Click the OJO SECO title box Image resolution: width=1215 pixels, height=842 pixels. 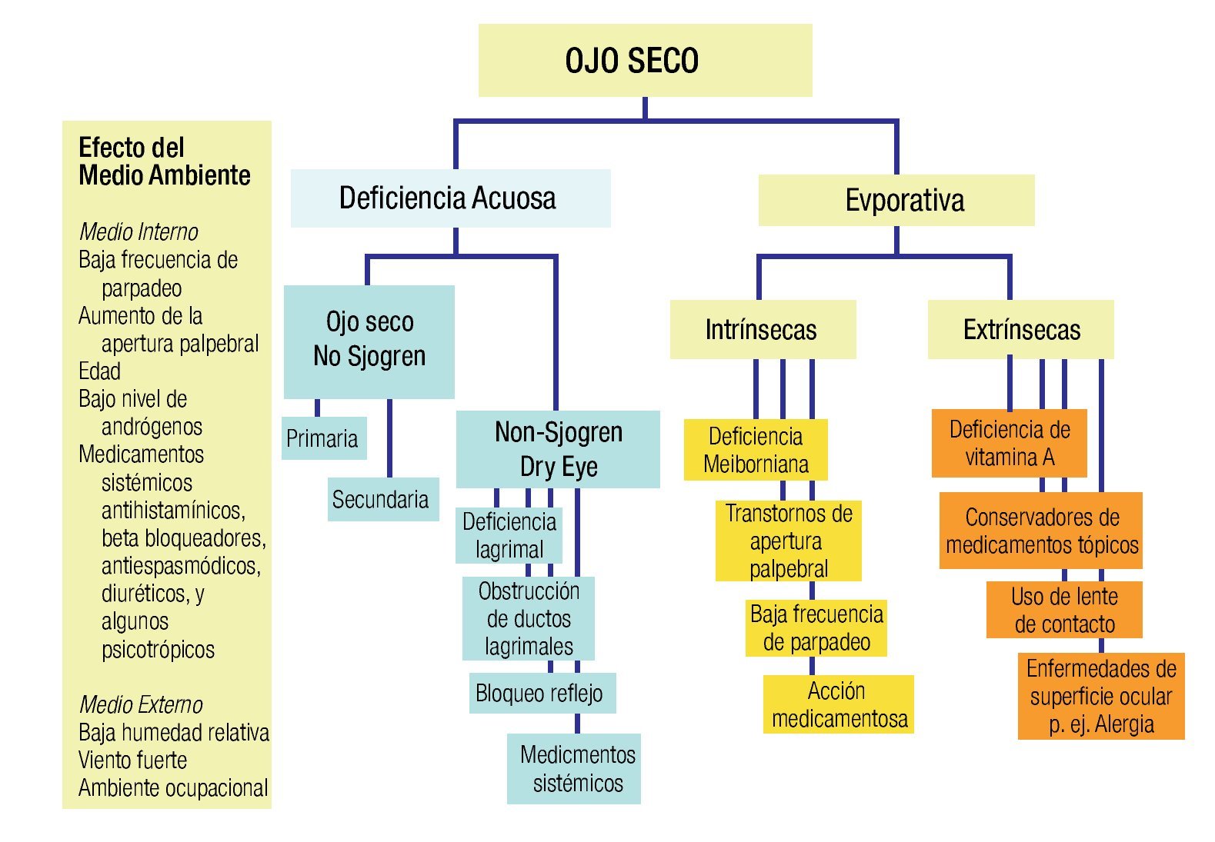pos(645,60)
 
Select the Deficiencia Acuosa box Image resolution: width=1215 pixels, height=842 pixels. pos(450,198)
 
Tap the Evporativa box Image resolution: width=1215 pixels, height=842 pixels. pos(896,200)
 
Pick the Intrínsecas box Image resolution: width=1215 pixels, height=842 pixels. pos(763,330)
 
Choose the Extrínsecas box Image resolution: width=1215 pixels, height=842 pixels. pos(1020,330)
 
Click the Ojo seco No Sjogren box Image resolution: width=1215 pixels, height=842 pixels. pos(369,341)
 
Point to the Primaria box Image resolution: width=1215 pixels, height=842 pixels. pos(323,438)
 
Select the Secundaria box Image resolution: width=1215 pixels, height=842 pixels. pos(382,499)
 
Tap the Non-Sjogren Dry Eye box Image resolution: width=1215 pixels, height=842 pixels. pos(558,449)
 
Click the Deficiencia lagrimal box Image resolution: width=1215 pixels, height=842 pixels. pos(509,535)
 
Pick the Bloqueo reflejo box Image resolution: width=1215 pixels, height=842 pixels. pos(542,693)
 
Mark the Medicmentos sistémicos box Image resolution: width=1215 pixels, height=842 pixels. pos(574,768)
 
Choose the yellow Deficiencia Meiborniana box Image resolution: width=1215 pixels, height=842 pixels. pos(756,450)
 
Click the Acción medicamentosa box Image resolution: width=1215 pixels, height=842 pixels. pos(838,704)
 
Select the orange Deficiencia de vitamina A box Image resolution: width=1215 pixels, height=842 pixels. pos(1009,443)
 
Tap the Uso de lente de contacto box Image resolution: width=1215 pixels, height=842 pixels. pos(1063,610)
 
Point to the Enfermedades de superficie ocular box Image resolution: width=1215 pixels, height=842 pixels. pos(1100,696)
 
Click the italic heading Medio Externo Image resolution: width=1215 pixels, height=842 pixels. pos(141,704)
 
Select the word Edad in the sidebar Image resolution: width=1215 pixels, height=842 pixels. pos(100,371)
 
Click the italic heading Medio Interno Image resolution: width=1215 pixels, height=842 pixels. pos(139,231)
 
